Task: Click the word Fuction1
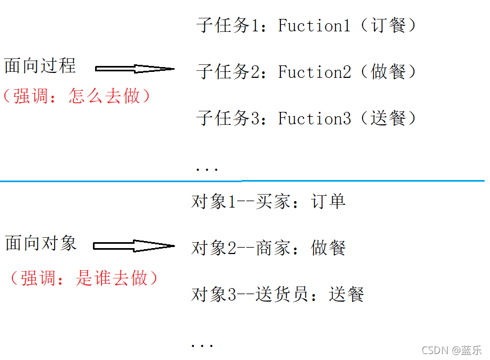click(314, 25)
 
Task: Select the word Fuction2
click(314, 72)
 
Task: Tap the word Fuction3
click(314, 118)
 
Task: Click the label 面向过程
click(40, 66)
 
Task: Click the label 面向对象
click(41, 243)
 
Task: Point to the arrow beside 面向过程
click(134, 69)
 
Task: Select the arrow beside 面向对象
click(133, 246)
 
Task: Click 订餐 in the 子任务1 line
click(388, 25)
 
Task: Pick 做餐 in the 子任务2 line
click(388, 72)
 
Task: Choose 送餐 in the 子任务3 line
click(388, 118)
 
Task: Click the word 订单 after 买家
click(328, 202)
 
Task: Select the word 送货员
click(283, 295)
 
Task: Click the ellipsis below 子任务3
click(206, 169)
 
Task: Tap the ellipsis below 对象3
click(203, 345)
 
